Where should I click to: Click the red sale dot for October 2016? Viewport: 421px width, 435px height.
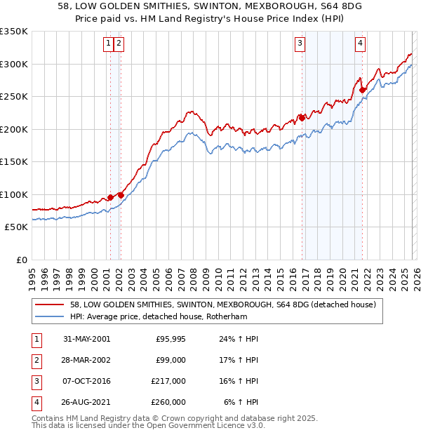[302, 118]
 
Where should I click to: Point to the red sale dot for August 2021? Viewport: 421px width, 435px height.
[363, 90]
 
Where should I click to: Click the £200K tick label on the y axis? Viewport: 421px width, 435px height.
[14, 129]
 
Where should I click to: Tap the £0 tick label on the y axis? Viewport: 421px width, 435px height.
[21, 260]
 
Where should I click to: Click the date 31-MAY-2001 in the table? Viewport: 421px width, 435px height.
[86, 339]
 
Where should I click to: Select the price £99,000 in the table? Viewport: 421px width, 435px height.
[171, 359]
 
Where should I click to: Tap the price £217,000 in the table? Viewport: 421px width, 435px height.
[168, 381]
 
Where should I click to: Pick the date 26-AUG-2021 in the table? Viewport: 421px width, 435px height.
[86, 402]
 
